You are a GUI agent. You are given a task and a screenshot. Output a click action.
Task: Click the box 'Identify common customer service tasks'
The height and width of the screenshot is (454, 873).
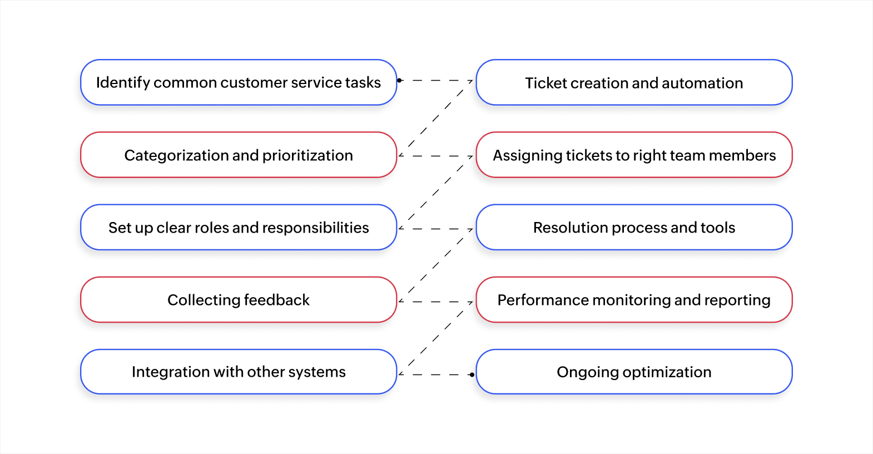(x=238, y=82)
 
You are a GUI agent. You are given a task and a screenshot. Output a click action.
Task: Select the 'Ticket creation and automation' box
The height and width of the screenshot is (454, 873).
(x=634, y=82)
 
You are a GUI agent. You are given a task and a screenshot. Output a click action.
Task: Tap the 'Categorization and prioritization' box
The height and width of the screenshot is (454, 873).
(x=238, y=155)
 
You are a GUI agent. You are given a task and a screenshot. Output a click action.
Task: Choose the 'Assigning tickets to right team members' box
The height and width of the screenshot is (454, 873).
(x=634, y=155)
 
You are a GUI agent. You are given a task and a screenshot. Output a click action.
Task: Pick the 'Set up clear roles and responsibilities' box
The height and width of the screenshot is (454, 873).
(x=238, y=227)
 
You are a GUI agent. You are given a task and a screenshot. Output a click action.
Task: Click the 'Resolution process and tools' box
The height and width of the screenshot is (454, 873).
(x=634, y=227)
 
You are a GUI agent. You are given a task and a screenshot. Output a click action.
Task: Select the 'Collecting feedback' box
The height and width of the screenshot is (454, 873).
(x=238, y=299)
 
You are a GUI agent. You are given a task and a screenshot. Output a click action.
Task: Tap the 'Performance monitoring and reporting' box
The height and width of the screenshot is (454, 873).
(x=634, y=299)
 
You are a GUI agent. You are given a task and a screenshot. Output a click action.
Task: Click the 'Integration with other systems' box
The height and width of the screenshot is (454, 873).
(x=238, y=372)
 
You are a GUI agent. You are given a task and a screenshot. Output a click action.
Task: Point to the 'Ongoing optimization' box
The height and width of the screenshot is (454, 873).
(x=634, y=372)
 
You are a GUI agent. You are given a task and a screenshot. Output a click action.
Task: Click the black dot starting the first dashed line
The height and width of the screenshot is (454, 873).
(x=399, y=81)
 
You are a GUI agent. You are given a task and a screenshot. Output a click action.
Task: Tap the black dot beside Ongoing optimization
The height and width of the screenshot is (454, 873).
(x=472, y=374)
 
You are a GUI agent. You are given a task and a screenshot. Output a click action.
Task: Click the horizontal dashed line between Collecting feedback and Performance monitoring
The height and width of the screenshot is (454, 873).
(x=436, y=302)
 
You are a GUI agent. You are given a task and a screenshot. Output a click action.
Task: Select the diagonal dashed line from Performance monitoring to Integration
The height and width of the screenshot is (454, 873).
(x=435, y=338)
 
